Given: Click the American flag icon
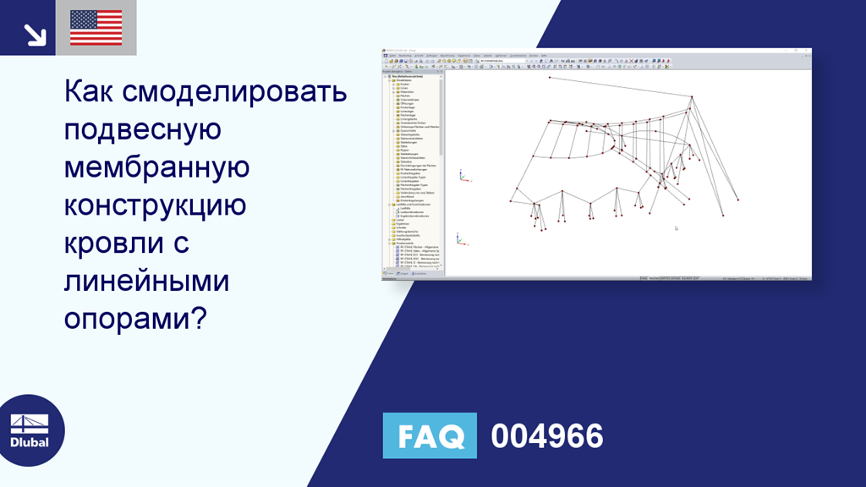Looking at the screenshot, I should (96, 28).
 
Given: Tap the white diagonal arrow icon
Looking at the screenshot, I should (35, 34).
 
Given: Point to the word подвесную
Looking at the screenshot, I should (143, 130).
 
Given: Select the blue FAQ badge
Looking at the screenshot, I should (430, 436).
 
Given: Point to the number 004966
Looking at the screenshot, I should (547, 436).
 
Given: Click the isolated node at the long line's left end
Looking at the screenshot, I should (549, 78).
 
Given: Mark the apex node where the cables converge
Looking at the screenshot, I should (692, 98).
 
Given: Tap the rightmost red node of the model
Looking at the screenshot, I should (737, 200).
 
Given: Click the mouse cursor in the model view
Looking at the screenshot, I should (676, 227).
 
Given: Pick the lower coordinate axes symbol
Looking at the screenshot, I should (460, 240).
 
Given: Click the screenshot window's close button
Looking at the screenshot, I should (808, 51).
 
